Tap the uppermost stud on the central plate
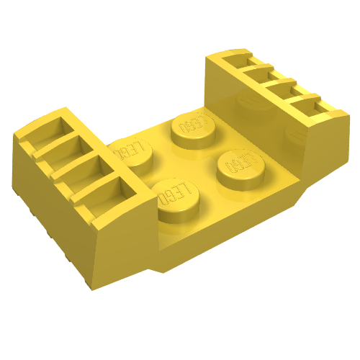point(193,131)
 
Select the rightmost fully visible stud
point(240,169)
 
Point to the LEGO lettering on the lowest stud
point(175,192)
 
